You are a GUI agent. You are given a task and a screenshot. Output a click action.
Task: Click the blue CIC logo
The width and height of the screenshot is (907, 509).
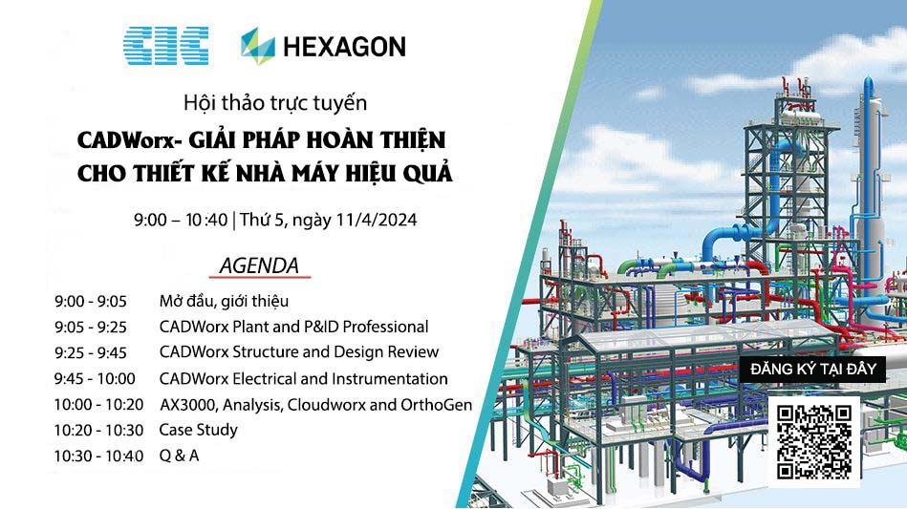coord(166,46)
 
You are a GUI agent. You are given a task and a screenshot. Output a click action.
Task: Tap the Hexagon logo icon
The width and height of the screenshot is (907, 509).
coord(258,46)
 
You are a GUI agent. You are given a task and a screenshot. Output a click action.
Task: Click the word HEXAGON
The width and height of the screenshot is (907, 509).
coord(345,47)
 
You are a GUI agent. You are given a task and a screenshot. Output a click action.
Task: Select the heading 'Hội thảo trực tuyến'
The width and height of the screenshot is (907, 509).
coord(275,103)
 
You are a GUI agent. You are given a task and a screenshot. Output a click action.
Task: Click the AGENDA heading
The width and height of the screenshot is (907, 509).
coord(259,265)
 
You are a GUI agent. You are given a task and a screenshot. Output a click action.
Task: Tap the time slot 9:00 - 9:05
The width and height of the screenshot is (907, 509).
coord(91,302)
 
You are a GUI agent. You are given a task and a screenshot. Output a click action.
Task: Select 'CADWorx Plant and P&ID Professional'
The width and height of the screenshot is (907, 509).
coord(293,327)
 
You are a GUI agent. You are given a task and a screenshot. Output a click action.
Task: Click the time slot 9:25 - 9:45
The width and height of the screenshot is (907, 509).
coord(91,353)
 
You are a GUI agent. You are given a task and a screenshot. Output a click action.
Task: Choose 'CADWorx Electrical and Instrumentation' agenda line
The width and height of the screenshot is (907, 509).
coord(304,379)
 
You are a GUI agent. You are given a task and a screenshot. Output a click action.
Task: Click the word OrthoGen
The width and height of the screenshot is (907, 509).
coord(437,405)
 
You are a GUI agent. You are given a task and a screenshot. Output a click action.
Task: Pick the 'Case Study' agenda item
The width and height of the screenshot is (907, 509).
coord(199,430)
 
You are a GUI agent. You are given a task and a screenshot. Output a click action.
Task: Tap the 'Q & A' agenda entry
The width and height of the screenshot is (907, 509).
coord(180,456)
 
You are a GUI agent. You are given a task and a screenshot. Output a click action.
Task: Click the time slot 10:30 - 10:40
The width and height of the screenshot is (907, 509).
coord(98,456)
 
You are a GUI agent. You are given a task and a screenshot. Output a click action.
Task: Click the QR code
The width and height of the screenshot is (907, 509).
coord(814,442)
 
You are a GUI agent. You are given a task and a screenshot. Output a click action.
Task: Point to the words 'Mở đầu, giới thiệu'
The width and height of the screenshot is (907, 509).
coord(224,302)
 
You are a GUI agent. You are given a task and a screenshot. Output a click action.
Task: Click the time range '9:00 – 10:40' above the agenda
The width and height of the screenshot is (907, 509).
coord(181,221)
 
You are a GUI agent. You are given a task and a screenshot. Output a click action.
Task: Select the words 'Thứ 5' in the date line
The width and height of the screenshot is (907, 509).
coord(263,221)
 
